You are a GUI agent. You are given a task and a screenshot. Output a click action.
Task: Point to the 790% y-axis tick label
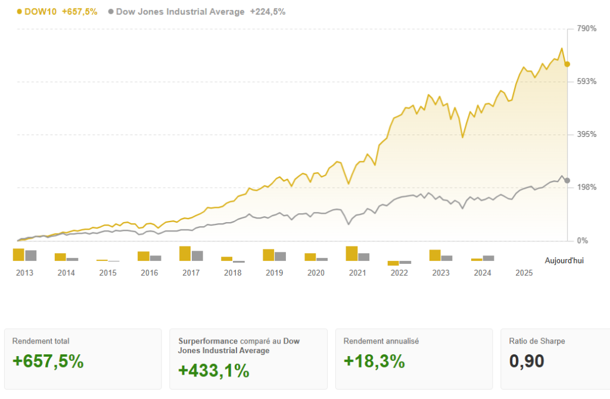[586, 29]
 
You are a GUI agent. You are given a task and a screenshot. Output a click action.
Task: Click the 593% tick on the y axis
[586, 82]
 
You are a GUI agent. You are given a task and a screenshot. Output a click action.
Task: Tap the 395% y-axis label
[586, 135]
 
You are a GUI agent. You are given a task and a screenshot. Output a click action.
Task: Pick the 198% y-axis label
[586, 188]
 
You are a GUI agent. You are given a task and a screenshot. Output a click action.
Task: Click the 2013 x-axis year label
[24, 273]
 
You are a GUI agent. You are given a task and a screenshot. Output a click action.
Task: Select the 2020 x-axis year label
[316, 273]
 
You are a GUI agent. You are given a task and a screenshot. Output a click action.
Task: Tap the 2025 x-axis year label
[524, 273]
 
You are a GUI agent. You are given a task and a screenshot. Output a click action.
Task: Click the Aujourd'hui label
[564, 261]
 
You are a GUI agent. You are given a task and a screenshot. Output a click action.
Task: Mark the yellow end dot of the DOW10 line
[567, 64]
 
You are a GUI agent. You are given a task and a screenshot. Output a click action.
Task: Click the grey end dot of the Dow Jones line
[567, 180]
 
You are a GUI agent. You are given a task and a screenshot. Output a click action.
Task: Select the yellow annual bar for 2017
[185, 254]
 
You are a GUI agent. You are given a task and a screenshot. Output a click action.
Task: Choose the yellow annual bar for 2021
[351, 254]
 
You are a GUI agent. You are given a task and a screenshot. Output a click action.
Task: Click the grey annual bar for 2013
[31, 255]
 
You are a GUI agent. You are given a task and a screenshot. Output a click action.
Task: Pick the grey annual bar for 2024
[488, 258]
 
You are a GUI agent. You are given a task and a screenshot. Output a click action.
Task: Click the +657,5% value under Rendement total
[48, 361]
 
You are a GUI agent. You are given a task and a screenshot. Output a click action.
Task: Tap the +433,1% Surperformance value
[214, 370]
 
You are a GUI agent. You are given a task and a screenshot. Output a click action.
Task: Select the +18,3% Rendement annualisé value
[374, 361]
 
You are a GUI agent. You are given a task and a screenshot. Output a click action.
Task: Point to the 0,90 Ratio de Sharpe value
[527, 361]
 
